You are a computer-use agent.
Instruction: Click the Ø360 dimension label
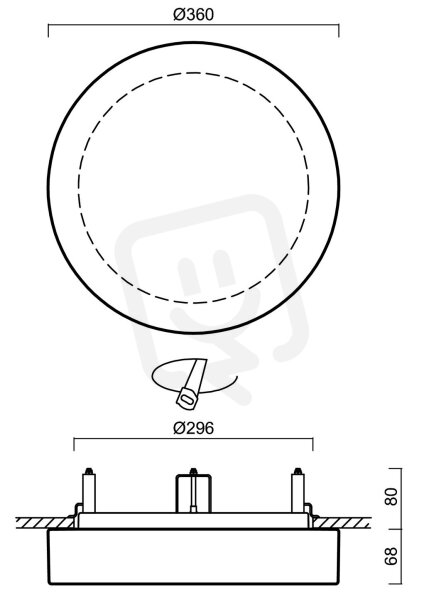(193, 15)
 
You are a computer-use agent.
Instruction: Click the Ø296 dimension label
(193, 428)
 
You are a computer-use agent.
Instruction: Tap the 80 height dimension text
(391, 496)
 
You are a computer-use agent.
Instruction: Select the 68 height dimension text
(391, 556)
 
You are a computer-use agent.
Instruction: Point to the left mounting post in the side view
(89, 493)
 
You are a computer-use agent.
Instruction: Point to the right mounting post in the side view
(297, 493)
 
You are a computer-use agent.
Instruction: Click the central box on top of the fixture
(193, 493)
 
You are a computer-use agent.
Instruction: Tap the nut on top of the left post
(89, 471)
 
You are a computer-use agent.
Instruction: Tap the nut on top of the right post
(297, 471)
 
